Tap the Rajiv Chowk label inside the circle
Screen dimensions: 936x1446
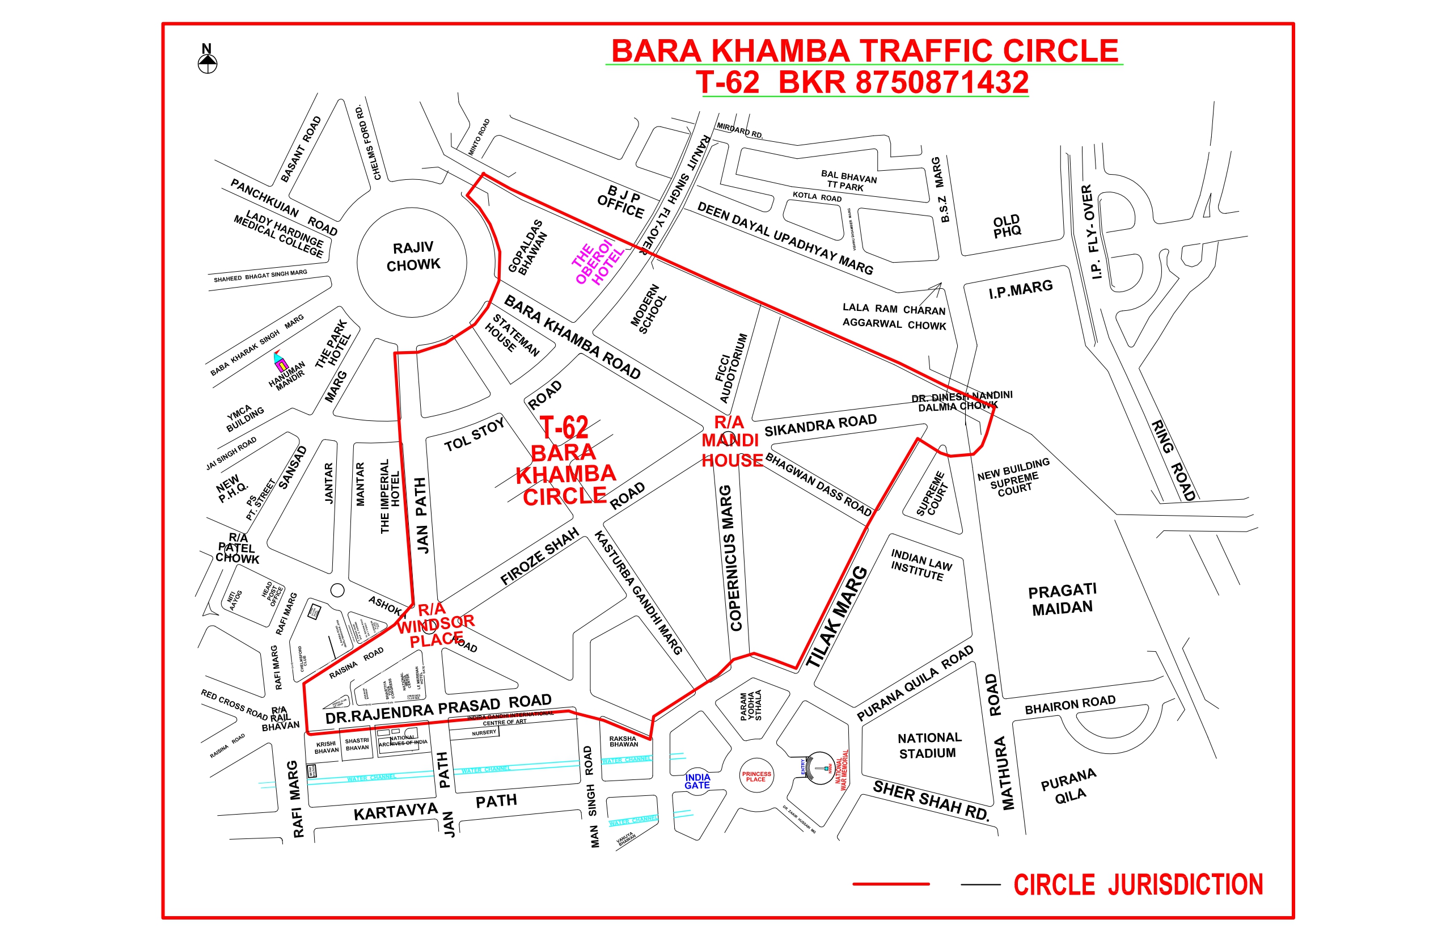tap(413, 256)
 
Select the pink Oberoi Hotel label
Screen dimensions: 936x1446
tap(597, 263)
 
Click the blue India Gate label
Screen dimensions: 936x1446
tap(697, 781)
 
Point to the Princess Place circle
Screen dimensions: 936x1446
tap(756, 776)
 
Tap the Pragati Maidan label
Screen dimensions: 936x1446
tap(1062, 599)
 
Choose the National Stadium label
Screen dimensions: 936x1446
tap(929, 745)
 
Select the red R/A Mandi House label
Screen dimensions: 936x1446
tap(732, 441)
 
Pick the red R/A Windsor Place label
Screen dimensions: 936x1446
tap(436, 624)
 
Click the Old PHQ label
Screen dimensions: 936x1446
tap(1007, 226)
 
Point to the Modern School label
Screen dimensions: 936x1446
tap(649, 308)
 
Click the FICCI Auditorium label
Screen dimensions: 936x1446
tap(732, 368)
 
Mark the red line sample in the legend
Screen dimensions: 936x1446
tap(891, 884)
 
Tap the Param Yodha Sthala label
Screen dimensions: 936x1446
tap(751, 705)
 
